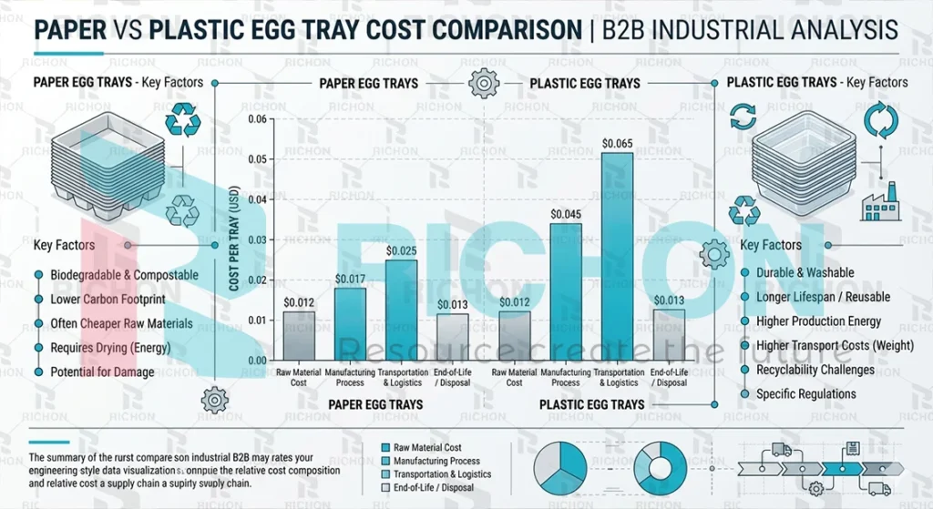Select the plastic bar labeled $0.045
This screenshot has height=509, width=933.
[566, 291]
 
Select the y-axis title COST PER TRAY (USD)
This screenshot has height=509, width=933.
[233, 240]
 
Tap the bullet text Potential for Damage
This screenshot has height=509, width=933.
[102, 372]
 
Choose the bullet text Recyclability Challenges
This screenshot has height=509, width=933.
[815, 370]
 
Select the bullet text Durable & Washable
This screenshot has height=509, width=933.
[805, 272]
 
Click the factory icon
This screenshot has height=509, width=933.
[880, 202]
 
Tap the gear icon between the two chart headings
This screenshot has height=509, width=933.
[483, 84]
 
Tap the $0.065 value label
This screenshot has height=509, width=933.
[618, 144]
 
